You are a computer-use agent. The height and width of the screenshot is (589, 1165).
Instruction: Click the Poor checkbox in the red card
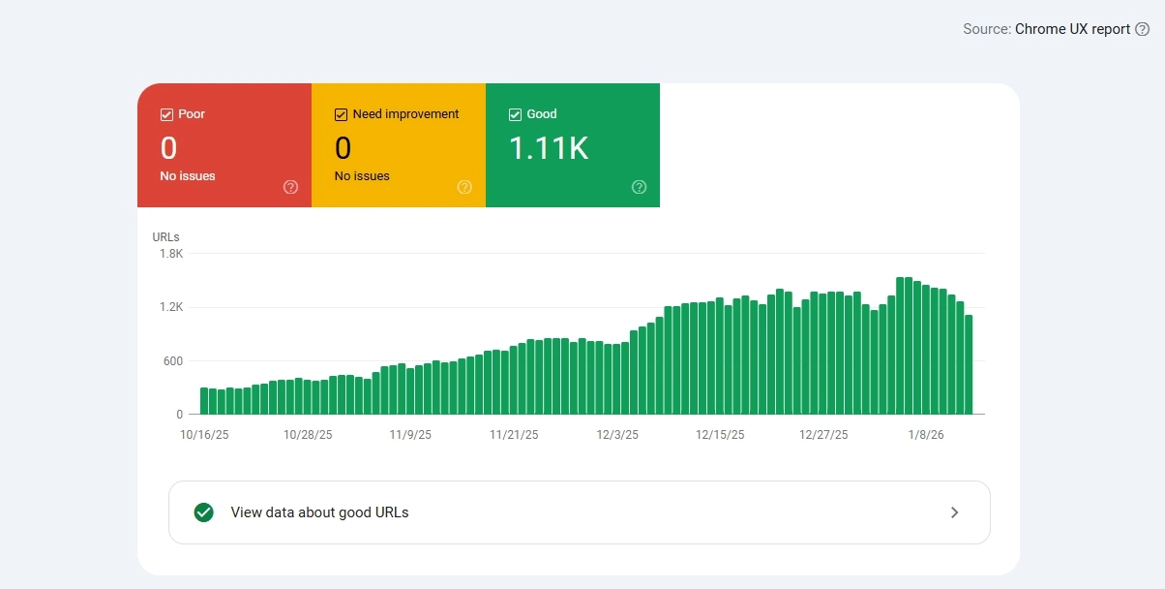click(x=166, y=114)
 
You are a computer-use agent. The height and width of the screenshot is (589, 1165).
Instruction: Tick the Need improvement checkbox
click(x=341, y=114)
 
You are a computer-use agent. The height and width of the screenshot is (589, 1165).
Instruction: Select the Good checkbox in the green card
click(x=515, y=114)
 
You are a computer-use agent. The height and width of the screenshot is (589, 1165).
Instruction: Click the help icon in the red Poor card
click(x=290, y=187)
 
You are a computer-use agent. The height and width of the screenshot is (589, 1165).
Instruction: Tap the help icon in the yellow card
click(x=464, y=187)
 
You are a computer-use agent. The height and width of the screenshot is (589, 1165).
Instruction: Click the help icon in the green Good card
click(x=639, y=187)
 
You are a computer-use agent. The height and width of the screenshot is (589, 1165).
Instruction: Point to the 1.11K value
click(x=549, y=148)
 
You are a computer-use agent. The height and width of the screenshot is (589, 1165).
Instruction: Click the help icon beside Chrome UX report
click(x=1142, y=29)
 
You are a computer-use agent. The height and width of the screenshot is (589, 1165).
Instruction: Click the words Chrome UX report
click(x=1072, y=29)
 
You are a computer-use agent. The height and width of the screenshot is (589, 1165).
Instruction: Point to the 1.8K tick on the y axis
click(x=171, y=254)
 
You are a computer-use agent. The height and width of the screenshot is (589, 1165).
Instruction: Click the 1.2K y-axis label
click(x=171, y=307)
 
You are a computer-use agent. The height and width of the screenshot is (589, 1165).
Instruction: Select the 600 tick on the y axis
click(x=172, y=361)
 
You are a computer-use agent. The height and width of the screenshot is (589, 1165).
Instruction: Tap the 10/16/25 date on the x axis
click(x=203, y=435)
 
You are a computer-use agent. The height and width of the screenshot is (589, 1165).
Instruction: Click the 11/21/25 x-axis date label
click(x=514, y=435)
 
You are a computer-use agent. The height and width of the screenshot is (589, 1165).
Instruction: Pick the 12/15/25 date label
click(x=720, y=435)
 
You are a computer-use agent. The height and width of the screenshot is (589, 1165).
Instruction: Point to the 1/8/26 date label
click(x=926, y=435)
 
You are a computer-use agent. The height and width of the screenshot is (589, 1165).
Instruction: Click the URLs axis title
click(x=165, y=236)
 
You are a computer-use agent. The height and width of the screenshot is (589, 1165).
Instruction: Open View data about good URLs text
click(x=319, y=512)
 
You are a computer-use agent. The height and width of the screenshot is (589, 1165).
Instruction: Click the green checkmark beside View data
click(x=203, y=512)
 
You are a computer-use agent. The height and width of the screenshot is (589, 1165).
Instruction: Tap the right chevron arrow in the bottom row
click(x=954, y=512)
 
